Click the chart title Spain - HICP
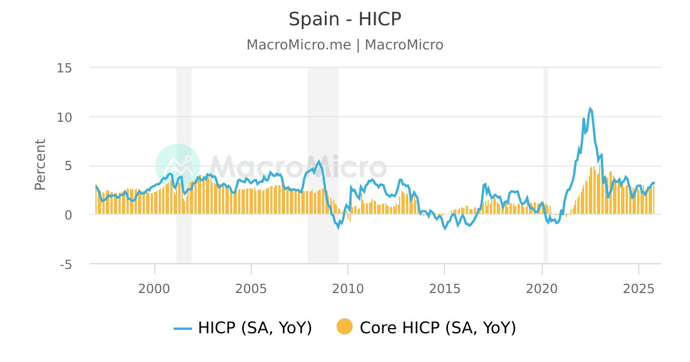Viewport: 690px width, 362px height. (344, 20)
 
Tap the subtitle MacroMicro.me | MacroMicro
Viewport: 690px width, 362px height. (344, 45)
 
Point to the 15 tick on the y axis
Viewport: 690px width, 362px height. (64, 68)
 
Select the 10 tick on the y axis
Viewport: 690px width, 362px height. (64, 117)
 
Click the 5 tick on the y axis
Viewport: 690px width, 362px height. (67, 166)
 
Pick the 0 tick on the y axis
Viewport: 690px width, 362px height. (67, 215)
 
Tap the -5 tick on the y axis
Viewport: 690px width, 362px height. (64, 264)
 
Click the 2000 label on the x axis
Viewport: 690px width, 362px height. (155, 288)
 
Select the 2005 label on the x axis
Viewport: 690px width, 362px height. (251, 288)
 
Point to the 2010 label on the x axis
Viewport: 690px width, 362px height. (348, 288)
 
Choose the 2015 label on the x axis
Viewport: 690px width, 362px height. (445, 288)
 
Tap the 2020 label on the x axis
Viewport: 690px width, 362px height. (542, 288)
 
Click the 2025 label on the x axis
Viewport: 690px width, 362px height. (639, 288)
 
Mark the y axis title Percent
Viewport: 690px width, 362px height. (40, 164)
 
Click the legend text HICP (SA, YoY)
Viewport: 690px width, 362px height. (255, 328)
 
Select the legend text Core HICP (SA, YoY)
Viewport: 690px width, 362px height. (438, 328)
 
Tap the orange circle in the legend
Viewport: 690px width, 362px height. (344, 328)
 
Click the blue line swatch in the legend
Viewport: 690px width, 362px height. (183, 328)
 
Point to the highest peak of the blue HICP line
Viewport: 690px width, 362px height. (590, 108)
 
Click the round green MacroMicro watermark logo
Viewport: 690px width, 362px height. (178, 166)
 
